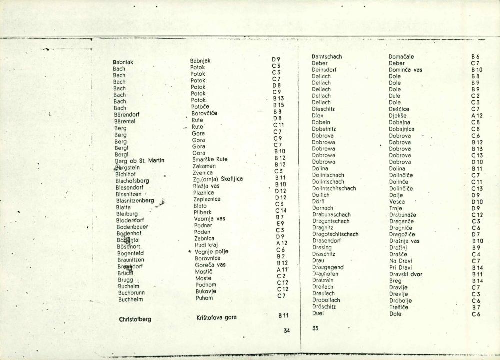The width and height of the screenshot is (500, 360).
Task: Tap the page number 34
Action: click(x=286, y=330)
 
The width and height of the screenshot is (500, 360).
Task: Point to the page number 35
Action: click(x=315, y=329)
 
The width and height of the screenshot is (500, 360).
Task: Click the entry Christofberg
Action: click(x=135, y=319)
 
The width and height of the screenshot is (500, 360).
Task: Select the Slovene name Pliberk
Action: click(x=203, y=212)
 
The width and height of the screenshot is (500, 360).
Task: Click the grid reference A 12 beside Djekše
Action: click(x=477, y=115)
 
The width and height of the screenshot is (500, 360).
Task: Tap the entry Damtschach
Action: click(x=326, y=57)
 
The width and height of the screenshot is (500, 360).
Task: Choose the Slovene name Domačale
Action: click(x=401, y=57)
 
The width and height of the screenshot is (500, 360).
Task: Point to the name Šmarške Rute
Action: click(x=210, y=159)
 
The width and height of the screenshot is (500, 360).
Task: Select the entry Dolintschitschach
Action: click(x=334, y=188)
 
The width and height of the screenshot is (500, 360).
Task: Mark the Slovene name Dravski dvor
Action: click(x=406, y=274)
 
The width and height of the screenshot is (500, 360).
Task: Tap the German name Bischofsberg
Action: click(x=132, y=181)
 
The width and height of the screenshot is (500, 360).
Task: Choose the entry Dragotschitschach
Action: click(x=335, y=234)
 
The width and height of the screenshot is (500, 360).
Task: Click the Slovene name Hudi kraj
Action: click(x=207, y=245)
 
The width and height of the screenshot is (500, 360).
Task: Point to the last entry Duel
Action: click(x=318, y=313)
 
